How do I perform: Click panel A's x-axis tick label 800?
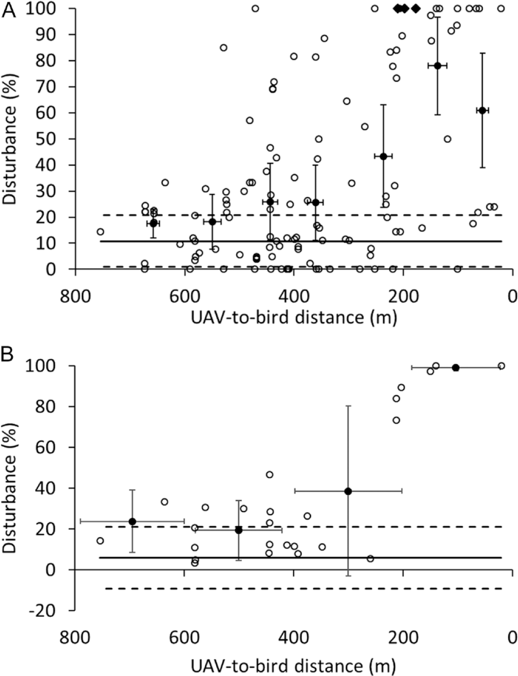(76, 297)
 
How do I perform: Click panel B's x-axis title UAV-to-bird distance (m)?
(293, 665)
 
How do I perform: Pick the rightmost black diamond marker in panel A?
(415, 8)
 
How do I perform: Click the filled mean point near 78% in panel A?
(437, 65)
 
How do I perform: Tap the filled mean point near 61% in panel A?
(482, 110)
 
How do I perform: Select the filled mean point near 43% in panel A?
(383, 156)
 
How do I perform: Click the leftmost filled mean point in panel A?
(153, 223)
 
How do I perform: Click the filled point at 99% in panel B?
(456, 368)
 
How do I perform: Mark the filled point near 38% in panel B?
(348, 491)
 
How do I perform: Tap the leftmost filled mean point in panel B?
(132, 521)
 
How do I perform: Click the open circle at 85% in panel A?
(224, 47)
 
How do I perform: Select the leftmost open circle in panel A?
(100, 231)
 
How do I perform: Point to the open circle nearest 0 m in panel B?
(501, 366)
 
